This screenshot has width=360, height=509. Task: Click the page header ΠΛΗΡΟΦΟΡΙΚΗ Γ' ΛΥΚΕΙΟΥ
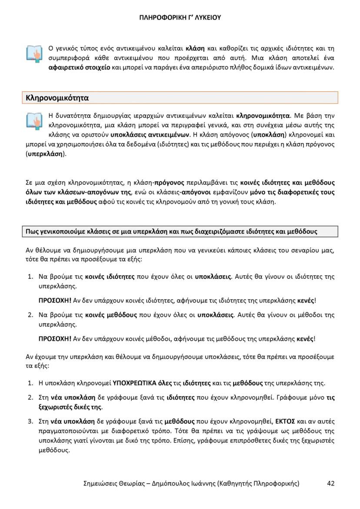180,18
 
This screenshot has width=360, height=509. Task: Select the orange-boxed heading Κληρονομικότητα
57,98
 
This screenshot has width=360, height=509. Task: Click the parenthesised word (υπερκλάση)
47,154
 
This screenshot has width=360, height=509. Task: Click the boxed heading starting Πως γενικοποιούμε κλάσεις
171,232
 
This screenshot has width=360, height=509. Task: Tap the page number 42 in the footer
330,483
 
